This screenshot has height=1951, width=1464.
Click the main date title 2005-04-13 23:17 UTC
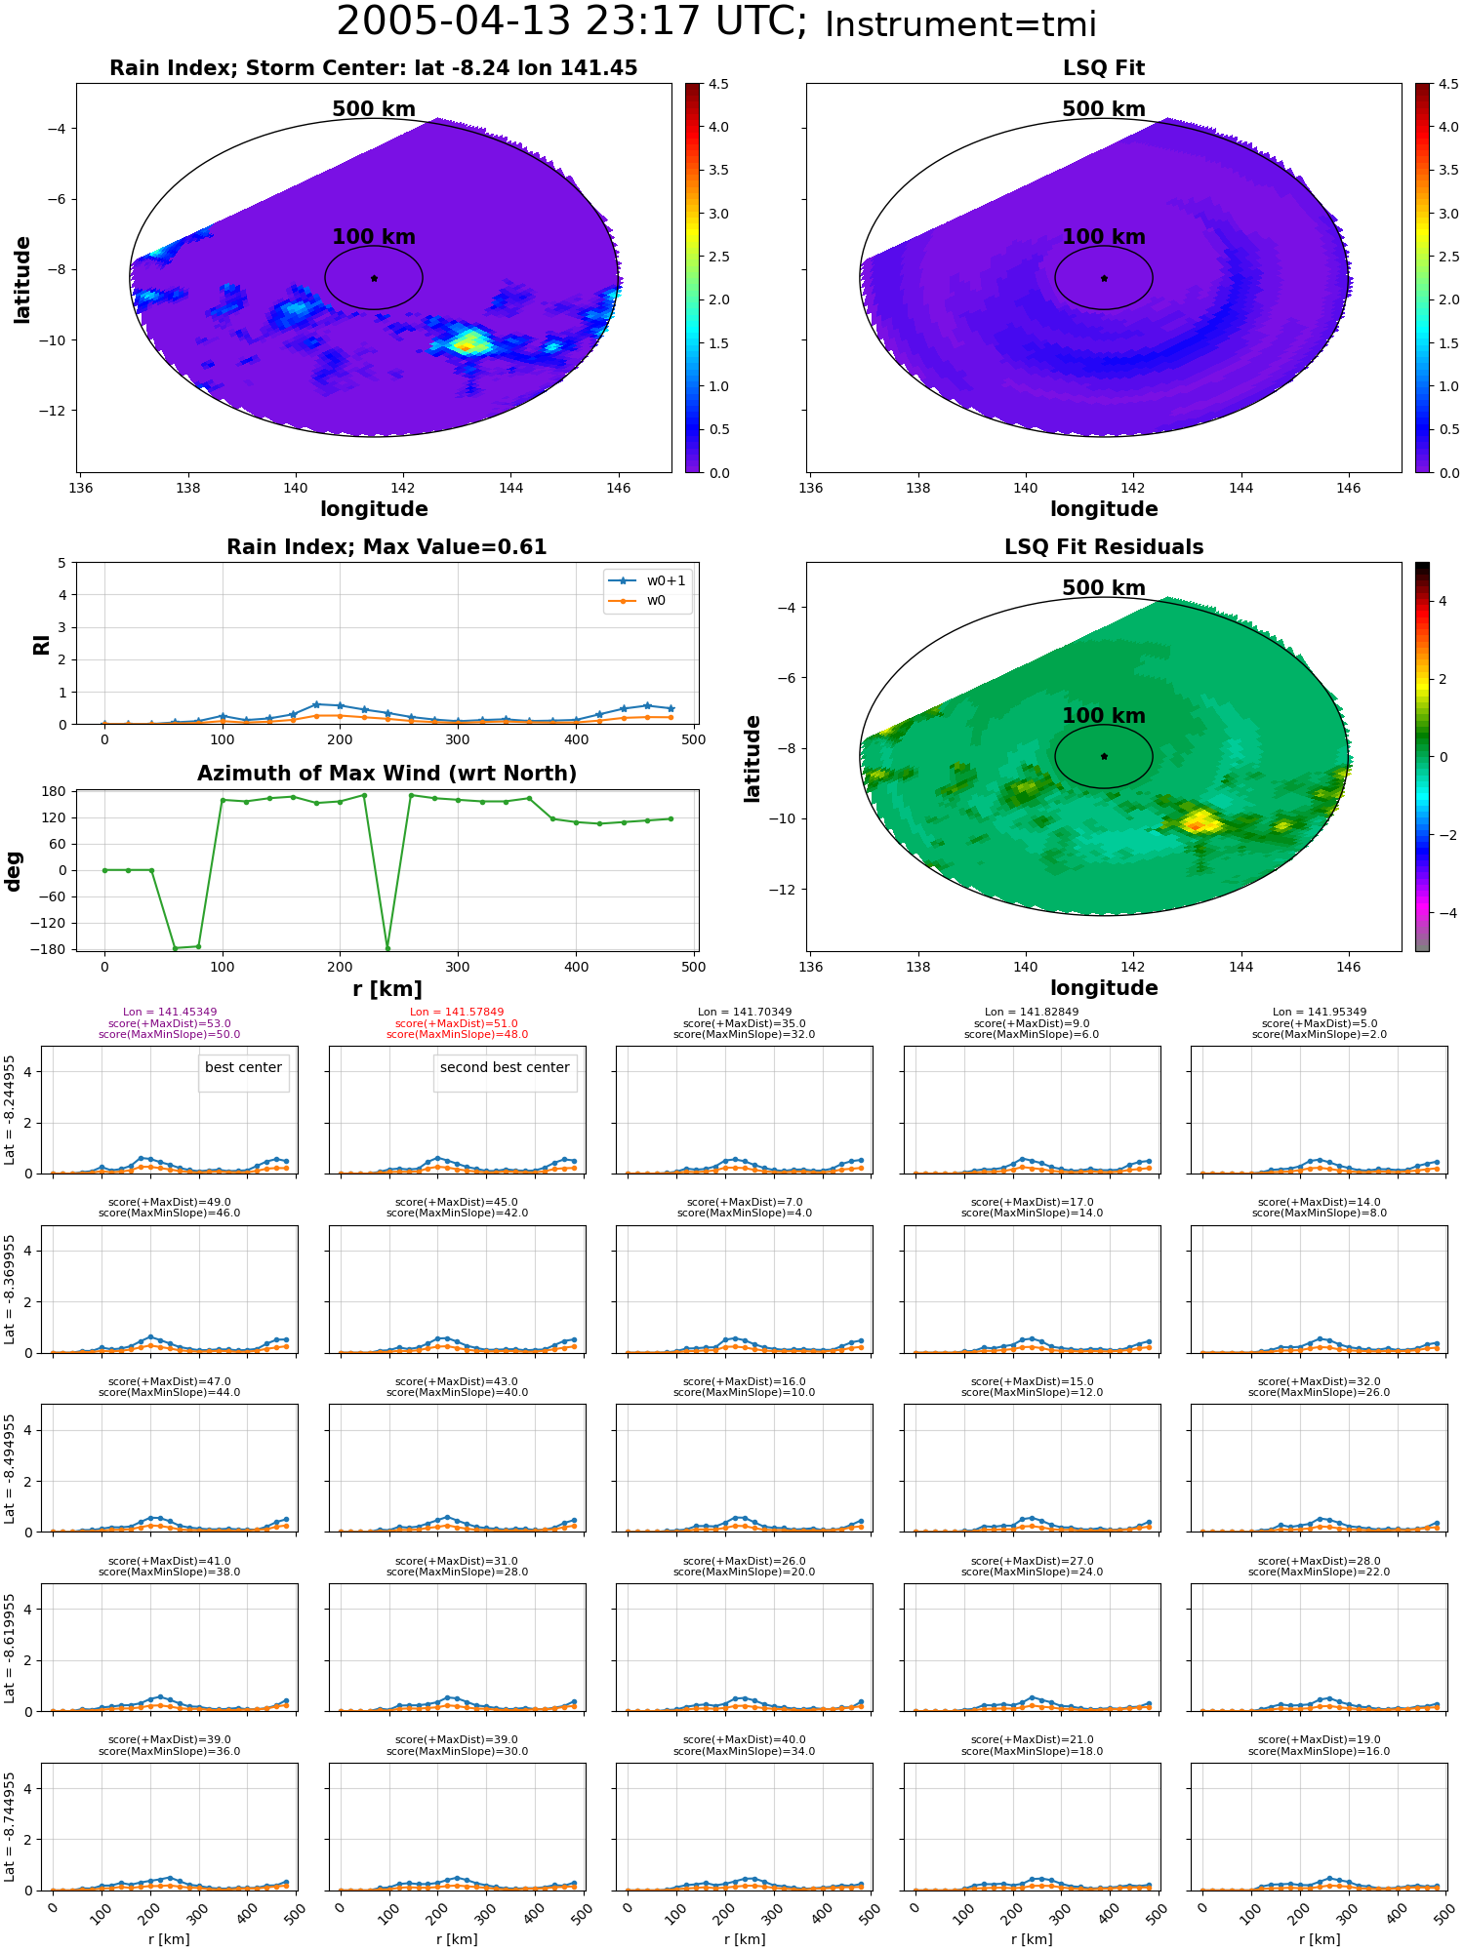(571, 22)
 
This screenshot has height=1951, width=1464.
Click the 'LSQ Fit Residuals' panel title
(1104, 547)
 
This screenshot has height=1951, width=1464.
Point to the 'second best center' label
(505, 1067)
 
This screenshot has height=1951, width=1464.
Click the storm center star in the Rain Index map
(374, 278)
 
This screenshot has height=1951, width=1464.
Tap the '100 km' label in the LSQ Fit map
(1104, 237)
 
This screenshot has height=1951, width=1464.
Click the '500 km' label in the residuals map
(1104, 588)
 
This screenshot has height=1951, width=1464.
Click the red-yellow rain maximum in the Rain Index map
(466, 345)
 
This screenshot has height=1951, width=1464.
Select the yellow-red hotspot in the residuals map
(1199, 822)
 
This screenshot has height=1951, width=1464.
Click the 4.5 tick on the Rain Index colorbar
(718, 84)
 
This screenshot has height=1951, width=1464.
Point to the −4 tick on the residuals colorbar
(1443, 913)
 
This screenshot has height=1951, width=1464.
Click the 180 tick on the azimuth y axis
(56, 791)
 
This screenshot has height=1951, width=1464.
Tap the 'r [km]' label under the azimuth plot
(387, 989)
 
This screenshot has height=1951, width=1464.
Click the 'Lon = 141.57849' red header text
(457, 1013)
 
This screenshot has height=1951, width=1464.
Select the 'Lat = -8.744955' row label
(10, 1827)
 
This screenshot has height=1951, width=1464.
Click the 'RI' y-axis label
(41, 645)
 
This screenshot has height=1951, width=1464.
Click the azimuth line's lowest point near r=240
(387, 948)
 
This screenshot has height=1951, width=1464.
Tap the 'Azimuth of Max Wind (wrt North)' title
(387, 774)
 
